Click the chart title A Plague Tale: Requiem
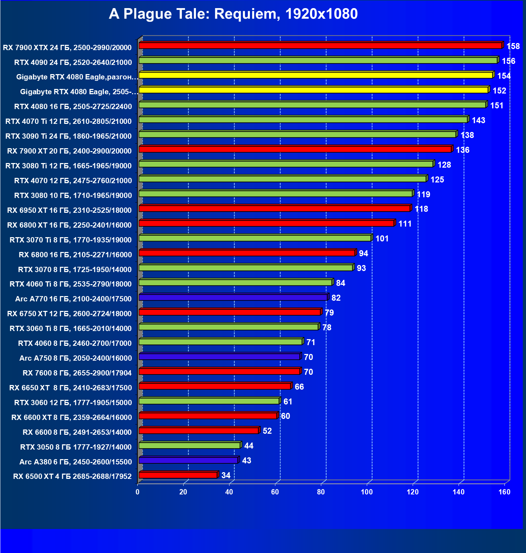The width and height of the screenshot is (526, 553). pos(233,14)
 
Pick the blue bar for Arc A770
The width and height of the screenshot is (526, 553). pos(233,297)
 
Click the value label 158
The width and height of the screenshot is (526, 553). pos(513,46)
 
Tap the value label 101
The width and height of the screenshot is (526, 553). pos(382,239)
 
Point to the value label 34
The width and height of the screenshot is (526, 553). pos(226,475)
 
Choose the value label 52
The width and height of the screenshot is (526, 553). pos(267,431)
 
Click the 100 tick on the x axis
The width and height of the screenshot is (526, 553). pos(367,492)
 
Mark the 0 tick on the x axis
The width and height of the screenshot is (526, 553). pos(137,492)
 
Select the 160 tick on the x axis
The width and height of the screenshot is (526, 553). pos(504,492)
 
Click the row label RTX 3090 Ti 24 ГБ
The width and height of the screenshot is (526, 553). pos(68,136)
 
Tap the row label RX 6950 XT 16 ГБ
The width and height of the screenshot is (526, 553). pos(69,210)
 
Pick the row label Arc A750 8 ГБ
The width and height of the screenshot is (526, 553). pos(76,358)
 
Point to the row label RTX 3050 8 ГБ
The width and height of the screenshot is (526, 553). pos(76,447)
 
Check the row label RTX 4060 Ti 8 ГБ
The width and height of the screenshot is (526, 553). pos(71,284)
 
